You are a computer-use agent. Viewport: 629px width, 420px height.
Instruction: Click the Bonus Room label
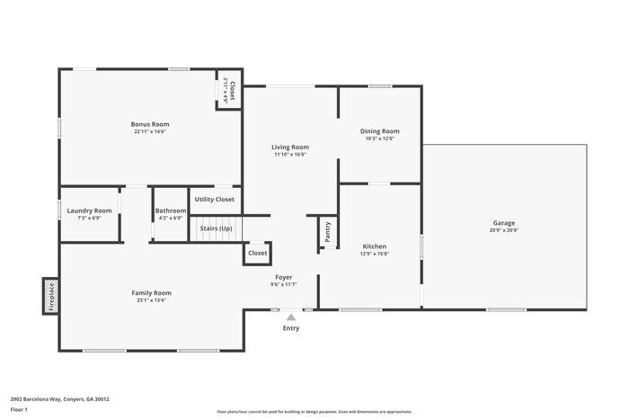[x=149, y=124]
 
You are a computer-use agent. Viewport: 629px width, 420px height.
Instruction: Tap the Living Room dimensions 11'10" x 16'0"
[x=290, y=154]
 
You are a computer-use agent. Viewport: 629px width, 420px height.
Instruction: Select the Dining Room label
[x=379, y=130]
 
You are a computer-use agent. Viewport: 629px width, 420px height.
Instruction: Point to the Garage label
[x=503, y=222]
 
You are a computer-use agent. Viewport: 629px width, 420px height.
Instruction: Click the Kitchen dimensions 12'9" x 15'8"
[x=375, y=254]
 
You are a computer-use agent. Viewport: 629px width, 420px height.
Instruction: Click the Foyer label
[x=283, y=277]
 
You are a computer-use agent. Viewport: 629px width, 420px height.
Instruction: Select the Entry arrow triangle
[x=290, y=317]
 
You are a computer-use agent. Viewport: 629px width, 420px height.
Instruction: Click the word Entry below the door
[x=291, y=328]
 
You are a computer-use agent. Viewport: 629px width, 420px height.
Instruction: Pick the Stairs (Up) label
[x=216, y=229]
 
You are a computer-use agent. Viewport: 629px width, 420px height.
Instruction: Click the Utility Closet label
[x=215, y=199]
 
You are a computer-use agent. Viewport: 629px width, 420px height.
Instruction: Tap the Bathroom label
[x=170, y=210]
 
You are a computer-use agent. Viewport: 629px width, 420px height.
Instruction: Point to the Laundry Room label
[x=89, y=210]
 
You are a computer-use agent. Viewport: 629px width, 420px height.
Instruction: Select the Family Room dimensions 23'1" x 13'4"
[x=150, y=300]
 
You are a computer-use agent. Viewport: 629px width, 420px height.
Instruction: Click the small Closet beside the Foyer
[x=258, y=254]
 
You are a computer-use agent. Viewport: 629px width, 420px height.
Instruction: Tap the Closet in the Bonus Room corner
[x=229, y=90]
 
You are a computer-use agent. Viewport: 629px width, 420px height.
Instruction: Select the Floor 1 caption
[x=19, y=409]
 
